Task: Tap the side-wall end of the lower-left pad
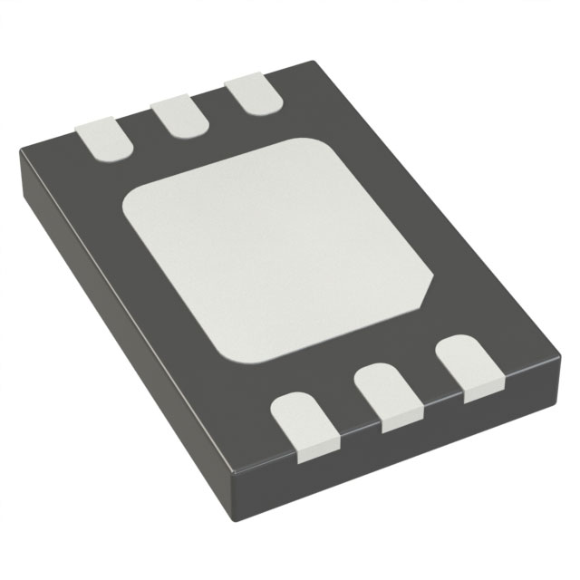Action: [320, 446]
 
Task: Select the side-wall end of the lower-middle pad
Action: [400, 421]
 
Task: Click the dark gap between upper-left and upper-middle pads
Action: [140, 131]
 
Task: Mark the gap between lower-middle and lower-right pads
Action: [426, 387]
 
